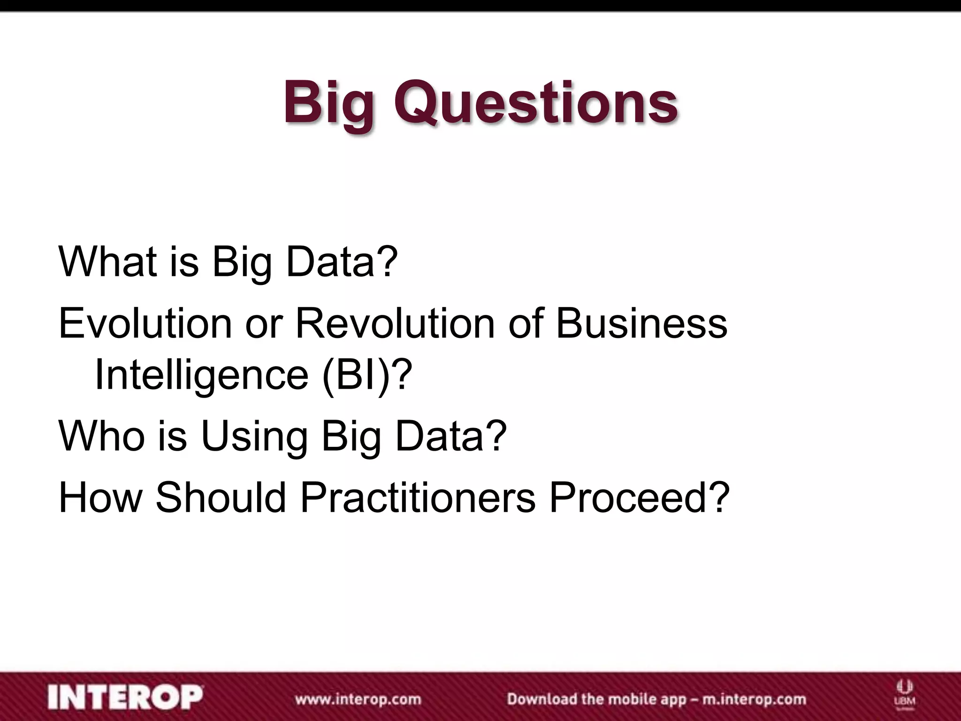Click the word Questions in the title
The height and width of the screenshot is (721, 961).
pyautogui.click(x=535, y=102)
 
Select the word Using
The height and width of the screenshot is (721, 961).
pyautogui.click(x=254, y=437)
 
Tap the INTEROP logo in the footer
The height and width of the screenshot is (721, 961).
pyautogui.click(x=125, y=698)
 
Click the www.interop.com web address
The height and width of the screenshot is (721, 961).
pyautogui.click(x=358, y=698)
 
